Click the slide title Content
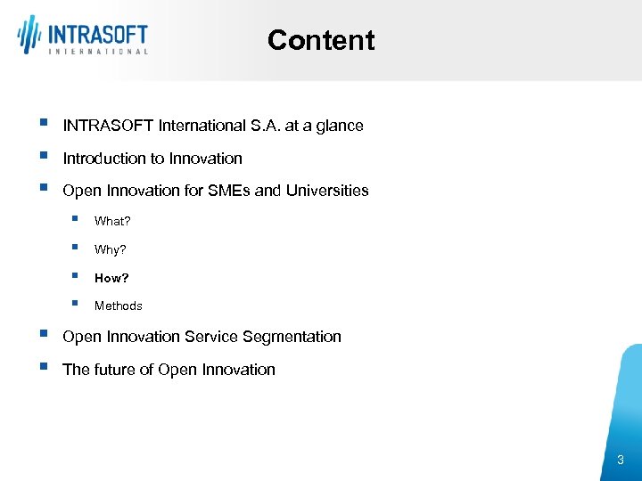click(x=321, y=40)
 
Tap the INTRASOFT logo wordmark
click(x=97, y=34)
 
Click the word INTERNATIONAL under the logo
click(x=97, y=52)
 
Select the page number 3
click(x=621, y=460)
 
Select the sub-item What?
click(x=112, y=221)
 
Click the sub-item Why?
click(x=111, y=249)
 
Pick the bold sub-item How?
click(x=111, y=278)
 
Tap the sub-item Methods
click(x=118, y=306)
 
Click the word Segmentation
click(x=295, y=337)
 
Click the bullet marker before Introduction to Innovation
click(x=44, y=157)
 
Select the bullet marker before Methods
click(x=78, y=304)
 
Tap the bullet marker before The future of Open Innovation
click(x=44, y=368)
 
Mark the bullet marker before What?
click(x=78, y=219)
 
